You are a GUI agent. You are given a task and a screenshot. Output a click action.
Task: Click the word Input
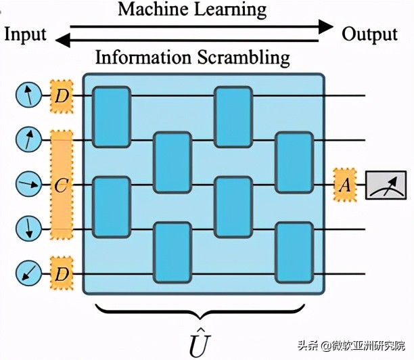[x=26, y=34]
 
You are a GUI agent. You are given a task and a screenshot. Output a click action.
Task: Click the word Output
[x=369, y=34]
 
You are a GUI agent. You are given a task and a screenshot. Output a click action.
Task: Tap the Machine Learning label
[x=192, y=9]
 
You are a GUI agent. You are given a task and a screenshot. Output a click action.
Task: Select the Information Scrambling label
[x=193, y=57]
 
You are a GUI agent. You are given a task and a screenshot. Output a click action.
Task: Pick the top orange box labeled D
[x=62, y=97]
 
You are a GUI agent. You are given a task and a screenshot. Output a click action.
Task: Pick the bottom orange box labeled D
[x=62, y=274]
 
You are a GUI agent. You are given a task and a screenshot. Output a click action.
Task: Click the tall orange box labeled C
[x=61, y=185]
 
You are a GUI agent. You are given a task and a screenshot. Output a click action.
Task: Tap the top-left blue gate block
[x=111, y=117]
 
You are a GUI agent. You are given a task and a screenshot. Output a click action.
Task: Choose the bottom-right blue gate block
[x=294, y=252]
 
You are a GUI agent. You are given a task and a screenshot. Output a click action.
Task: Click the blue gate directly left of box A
[x=294, y=162]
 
